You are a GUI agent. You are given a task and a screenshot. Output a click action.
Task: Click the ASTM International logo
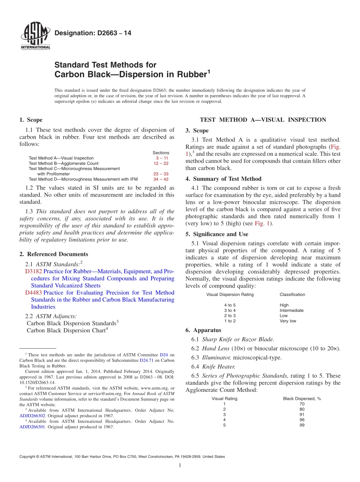35,37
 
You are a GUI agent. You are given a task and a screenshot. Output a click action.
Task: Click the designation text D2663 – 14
93,33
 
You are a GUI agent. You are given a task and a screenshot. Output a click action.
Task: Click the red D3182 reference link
33,272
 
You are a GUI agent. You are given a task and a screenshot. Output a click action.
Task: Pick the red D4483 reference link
33,293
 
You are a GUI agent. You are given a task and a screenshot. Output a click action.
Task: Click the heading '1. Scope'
31,120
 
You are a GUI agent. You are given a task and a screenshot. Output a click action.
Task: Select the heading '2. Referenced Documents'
53,254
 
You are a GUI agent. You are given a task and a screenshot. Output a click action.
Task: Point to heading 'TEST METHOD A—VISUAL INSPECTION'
263,120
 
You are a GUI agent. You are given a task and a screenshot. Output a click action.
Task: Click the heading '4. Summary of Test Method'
223,179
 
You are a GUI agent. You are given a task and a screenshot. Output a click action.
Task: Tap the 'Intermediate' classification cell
291,310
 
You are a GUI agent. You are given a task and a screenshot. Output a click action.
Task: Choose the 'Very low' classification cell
288,321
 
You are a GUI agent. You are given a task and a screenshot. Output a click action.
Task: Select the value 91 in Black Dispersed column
302,415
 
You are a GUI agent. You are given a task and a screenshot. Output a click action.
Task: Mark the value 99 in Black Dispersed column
302,425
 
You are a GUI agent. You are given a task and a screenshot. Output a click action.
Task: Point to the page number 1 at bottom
180,465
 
